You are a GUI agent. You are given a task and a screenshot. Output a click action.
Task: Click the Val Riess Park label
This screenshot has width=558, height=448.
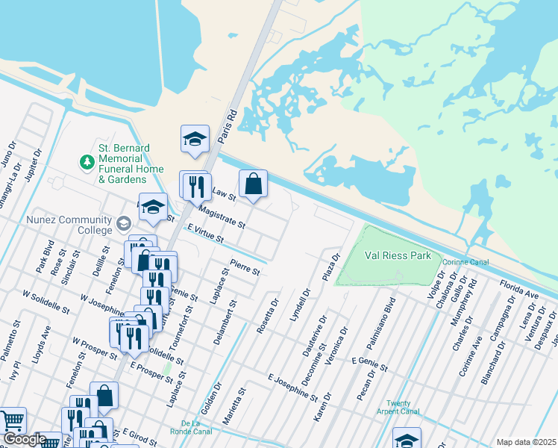[398, 255]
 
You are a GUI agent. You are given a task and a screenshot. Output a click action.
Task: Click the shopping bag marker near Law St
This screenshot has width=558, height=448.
[253, 184]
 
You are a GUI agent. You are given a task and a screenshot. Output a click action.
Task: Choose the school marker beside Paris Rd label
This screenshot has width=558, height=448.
[194, 139]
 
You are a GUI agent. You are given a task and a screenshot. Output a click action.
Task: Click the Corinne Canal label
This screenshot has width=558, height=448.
[465, 262]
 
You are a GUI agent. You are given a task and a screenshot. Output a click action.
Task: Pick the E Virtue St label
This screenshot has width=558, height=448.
[205, 234]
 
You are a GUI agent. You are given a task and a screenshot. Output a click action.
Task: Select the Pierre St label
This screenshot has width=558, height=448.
[244, 267]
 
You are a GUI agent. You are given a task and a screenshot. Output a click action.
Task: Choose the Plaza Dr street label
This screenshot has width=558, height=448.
[330, 267]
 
